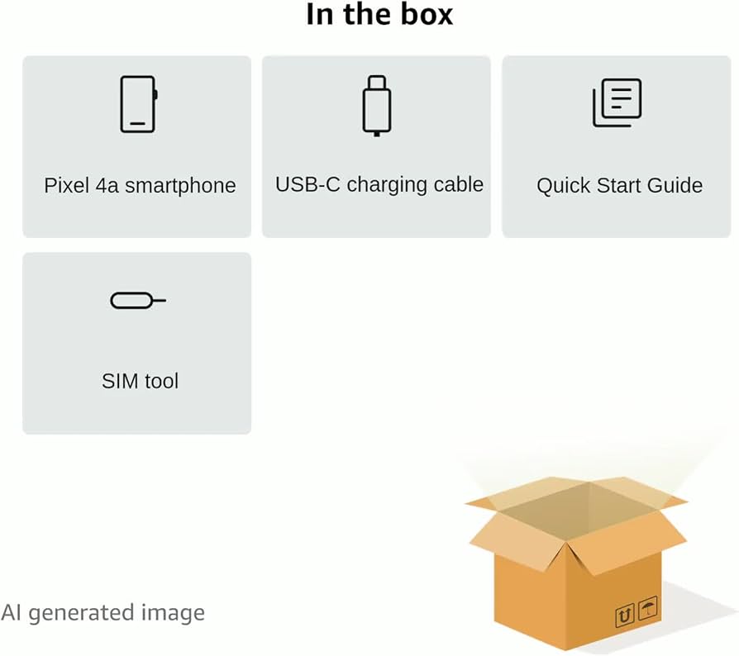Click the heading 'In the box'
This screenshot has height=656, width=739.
379,14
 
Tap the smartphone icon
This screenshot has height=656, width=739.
138,104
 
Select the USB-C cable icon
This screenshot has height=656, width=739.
376,105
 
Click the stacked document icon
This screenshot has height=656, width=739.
617,103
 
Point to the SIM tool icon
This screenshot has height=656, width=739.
137,301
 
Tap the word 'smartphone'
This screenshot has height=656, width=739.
180,185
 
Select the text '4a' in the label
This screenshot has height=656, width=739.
106,185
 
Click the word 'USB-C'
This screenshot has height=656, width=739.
308,184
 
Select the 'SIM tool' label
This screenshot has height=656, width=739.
140,381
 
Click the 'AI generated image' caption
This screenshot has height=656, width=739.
103,613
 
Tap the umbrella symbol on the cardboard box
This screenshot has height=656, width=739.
647,610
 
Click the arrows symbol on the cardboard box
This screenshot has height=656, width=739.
625,616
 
